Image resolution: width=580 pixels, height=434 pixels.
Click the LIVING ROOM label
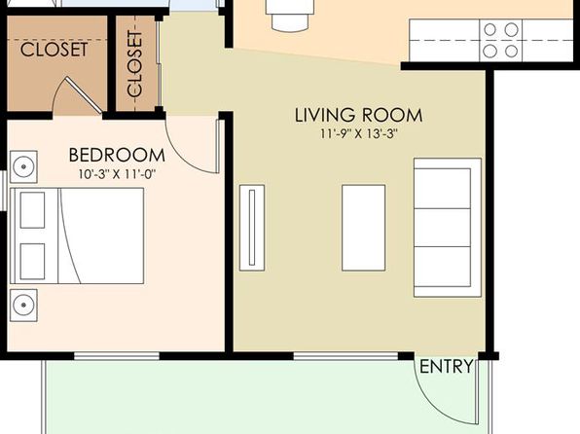click(358, 115)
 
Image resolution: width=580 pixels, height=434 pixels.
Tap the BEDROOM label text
click(117, 155)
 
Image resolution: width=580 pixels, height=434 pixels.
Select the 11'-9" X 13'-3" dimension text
click(358, 133)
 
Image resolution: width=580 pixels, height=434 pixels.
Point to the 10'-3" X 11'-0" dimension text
click(117, 174)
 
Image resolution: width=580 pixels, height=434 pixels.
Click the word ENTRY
click(447, 367)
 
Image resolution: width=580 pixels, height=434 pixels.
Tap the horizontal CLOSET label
click(54, 50)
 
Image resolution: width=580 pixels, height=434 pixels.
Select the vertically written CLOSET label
click(134, 63)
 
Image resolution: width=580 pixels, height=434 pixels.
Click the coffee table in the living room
click(364, 228)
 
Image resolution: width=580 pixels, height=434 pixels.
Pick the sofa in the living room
click(448, 228)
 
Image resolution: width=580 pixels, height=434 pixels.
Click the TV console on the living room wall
click(252, 228)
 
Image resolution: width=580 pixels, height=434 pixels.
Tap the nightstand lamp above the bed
click(23, 166)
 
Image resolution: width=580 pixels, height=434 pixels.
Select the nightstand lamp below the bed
click(23, 306)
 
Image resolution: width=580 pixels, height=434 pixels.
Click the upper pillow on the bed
click(32, 210)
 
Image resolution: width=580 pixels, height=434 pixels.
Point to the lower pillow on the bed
click(32, 261)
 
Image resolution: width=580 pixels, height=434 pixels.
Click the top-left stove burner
click(490, 29)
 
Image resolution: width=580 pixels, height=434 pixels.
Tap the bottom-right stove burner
click(512, 51)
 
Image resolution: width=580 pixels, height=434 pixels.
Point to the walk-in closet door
click(84, 94)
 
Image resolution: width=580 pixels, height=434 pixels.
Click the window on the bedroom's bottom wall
click(117, 356)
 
